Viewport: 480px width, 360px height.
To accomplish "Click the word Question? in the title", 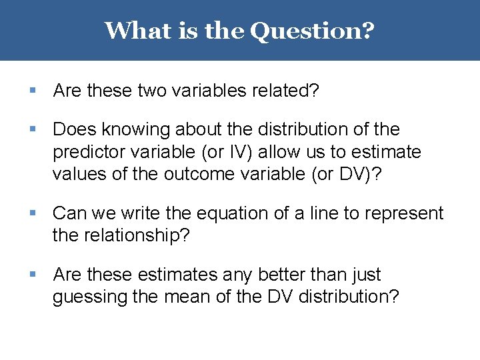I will [312, 30].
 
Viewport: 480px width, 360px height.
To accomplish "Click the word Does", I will [71, 129].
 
